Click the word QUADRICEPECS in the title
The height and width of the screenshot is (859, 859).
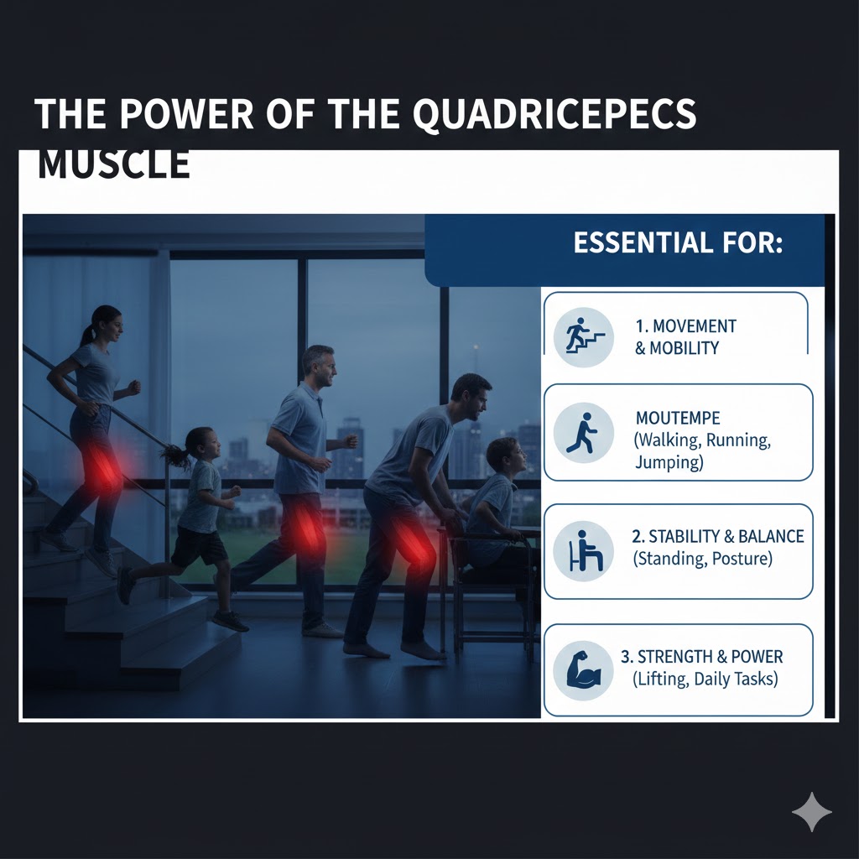[x=554, y=114]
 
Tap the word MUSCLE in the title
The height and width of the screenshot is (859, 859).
[x=114, y=164]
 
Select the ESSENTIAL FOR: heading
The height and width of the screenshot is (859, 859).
[x=678, y=242]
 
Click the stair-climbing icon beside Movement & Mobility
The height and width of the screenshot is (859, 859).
[x=584, y=337]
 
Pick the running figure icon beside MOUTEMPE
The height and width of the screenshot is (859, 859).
[x=584, y=433]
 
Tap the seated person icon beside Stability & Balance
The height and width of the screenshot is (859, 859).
[x=584, y=551]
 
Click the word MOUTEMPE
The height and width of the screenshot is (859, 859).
[x=678, y=419]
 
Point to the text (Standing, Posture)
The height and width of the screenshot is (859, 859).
[x=703, y=559]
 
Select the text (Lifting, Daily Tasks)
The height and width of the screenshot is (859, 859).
[x=705, y=679]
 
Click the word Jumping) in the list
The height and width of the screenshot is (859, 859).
[x=669, y=462]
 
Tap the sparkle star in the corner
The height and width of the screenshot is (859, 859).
[x=812, y=812]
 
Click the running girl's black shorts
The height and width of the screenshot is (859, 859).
[x=200, y=547]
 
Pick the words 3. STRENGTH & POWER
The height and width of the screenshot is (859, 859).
[x=702, y=656]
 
